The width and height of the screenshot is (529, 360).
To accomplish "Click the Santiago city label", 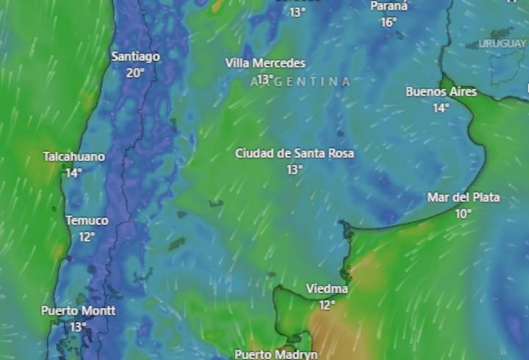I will [135, 56].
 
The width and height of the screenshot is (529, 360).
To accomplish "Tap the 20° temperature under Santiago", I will [135, 72].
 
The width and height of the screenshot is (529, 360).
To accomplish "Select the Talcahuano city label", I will [74, 157].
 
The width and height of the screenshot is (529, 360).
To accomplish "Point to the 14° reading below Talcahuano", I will [74, 173].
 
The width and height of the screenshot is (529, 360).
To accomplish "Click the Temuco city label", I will [87, 220].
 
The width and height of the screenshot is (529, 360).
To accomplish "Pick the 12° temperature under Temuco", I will [87, 236].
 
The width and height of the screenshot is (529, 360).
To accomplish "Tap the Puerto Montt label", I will [78, 310].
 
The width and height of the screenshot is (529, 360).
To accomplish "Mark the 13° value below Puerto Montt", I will [78, 326].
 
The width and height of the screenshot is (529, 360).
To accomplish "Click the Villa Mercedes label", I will [265, 63].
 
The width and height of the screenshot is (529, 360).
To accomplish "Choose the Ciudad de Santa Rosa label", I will [294, 153].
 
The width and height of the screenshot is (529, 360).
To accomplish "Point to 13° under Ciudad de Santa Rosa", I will [294, 169].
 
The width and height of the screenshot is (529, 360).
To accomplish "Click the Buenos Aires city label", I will [441, 92].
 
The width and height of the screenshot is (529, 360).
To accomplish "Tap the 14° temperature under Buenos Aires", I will [441, 108].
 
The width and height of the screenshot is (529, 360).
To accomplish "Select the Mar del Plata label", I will [464, 197].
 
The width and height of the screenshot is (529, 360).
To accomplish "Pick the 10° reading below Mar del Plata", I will [463, 213].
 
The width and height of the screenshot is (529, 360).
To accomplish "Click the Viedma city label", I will [327, 289].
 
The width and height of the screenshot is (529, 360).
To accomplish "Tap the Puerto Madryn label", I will [276, 354].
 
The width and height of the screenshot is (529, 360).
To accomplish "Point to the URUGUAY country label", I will [503, 43].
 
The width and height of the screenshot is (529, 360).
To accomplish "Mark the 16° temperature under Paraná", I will [388, 22].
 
